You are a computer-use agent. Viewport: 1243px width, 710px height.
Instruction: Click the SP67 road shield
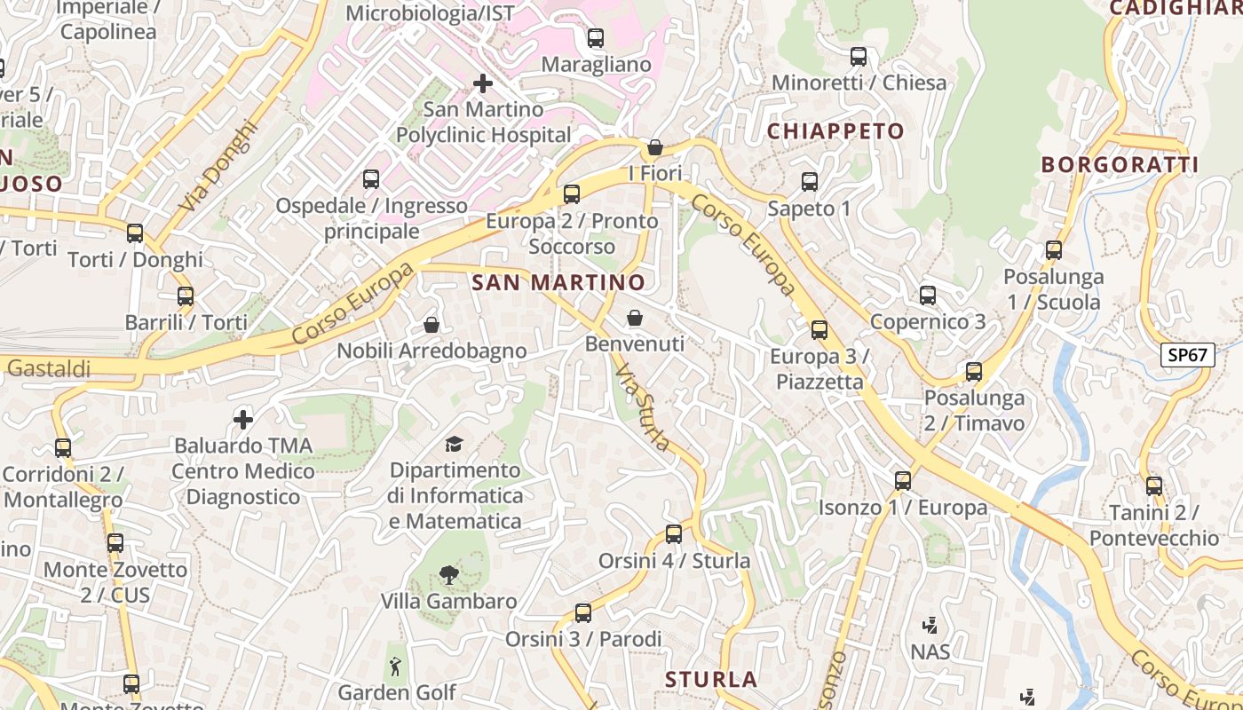click(x=1188, y=355)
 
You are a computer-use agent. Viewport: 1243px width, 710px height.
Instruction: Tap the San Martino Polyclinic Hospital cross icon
click(x=482, y=83)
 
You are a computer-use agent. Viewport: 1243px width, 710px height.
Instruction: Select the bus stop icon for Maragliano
click(x=596, y=38)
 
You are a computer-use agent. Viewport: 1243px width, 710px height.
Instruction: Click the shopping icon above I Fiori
click(x=655, y=147)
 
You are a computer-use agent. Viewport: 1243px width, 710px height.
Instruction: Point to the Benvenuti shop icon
click(x=635, y=318)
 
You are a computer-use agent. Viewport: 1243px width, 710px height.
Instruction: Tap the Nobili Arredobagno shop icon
click(x=431, y=325)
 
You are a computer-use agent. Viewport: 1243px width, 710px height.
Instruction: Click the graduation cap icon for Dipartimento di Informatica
click(x=455, y=444)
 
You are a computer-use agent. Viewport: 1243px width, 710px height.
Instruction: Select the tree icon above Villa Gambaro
click(x=449, y=575)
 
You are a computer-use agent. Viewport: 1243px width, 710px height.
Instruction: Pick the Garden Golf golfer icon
click(x=396, y=666)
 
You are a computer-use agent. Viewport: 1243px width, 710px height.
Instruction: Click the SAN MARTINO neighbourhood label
click(x=558, y=283)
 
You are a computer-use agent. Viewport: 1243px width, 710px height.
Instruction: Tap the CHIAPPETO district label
click(x=835, y=131)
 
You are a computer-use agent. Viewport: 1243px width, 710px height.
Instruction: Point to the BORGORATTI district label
click(x=1120, y=164)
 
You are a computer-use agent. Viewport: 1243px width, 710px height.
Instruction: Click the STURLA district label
click(x=711, y=680)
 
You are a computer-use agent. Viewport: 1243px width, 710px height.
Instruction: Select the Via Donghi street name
click(x=217, y=167)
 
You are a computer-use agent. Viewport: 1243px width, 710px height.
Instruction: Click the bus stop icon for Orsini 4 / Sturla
click(x=674, y=534)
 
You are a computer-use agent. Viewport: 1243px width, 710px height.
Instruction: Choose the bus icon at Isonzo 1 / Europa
click(x=903, y=481)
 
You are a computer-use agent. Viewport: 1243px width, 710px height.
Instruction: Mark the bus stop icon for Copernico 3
click(x=928, y=296)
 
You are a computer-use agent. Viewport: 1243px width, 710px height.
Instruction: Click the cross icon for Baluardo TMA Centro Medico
click(x=243, y=419)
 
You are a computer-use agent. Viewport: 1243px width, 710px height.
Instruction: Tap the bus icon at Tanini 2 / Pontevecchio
click(x=1154, y=486)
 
